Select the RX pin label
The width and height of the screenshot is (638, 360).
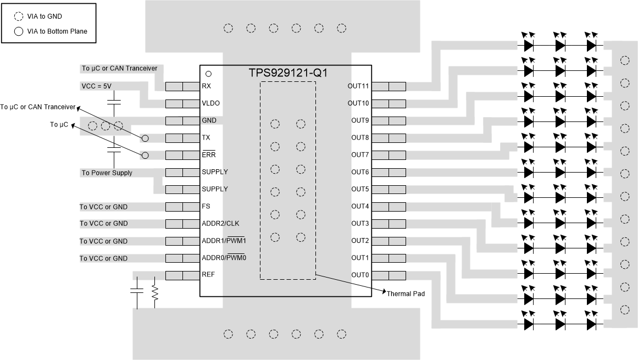pos(206,86)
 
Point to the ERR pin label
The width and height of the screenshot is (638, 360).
pos(208,155)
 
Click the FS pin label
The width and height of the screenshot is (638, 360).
pos(206,207)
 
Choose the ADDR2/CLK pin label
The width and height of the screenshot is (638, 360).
pos(220,224)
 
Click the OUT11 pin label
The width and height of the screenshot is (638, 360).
pos(358,86)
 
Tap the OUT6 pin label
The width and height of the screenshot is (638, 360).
pos(360,172)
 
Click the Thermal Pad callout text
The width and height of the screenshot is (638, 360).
pos(406,294)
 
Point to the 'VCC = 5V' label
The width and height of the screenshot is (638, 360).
pos(96,86)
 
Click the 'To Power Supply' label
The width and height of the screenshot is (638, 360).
pos(107,173)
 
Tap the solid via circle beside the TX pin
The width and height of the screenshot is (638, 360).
pos(145,138)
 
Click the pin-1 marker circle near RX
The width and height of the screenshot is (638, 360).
pos(208,74)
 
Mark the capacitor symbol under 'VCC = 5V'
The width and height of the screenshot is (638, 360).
pos(114,102)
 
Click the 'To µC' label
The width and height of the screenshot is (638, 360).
pos(59,125)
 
